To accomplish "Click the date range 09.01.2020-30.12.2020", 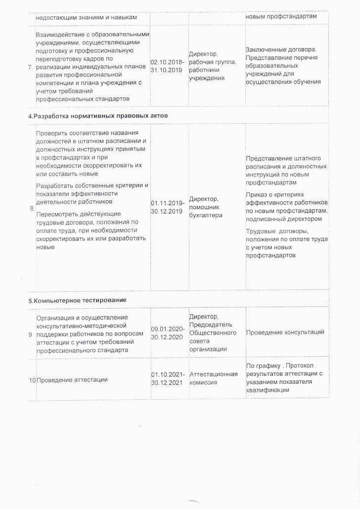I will click(169, 331).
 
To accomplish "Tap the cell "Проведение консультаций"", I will click(285, 331).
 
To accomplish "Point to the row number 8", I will click(32, 209).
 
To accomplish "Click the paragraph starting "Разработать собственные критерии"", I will click(92, 193).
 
